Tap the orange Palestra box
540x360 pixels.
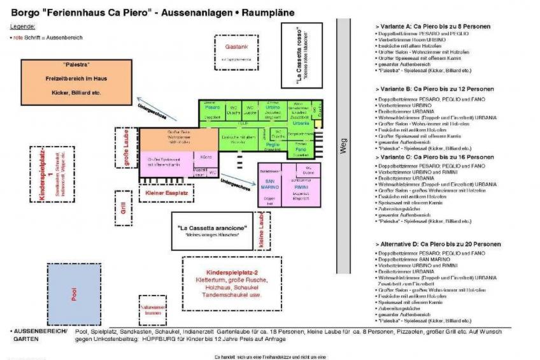pos(76,82)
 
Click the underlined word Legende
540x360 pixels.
pos(23,26)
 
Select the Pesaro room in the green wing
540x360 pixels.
pos(213,109)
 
